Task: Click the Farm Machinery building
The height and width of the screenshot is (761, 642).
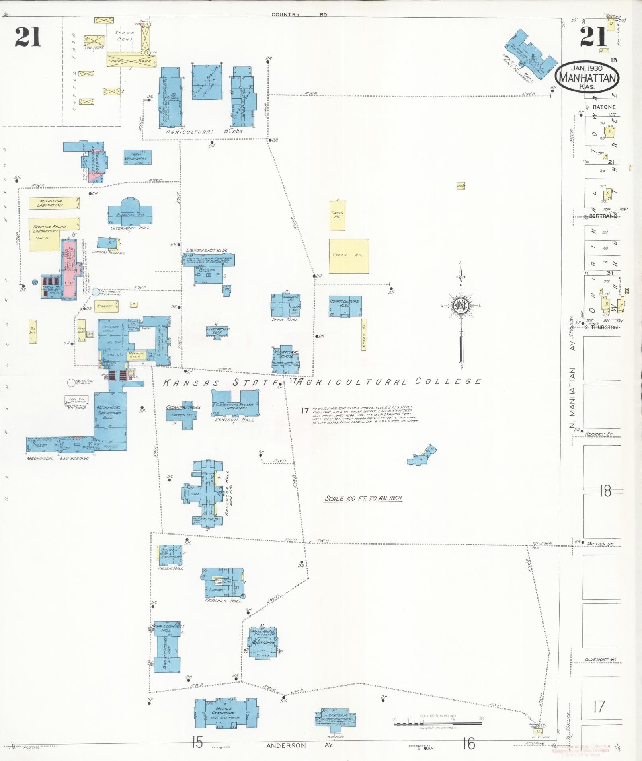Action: (x=137, y=158)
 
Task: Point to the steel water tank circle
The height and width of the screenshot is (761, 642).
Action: (x=96, y=292)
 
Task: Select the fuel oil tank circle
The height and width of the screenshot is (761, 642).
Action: (x=71, y=383)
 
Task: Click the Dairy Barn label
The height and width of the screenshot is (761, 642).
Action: (x=131, y=61)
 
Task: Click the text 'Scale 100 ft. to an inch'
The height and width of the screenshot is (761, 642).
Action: (x=363, y=498)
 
